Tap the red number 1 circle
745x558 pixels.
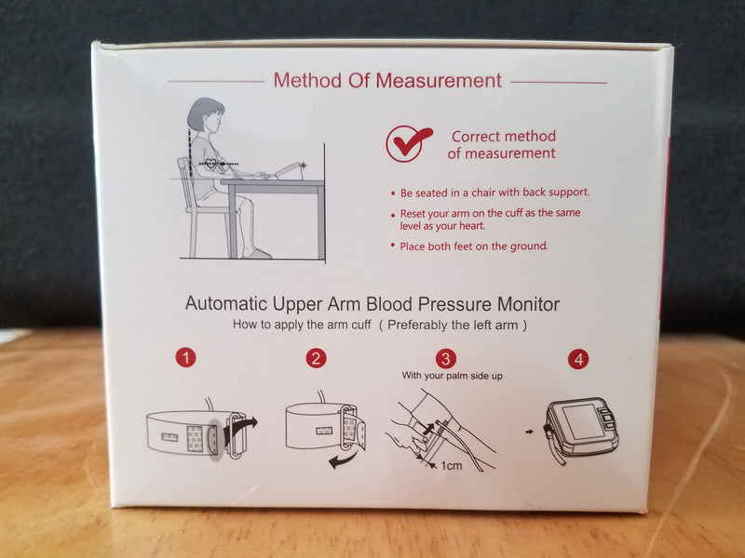(x=186, y=358)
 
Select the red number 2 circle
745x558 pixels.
(x=318, y=358)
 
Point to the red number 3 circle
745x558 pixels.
(x=446, y=358)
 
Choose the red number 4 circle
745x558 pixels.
(x=580, y=358)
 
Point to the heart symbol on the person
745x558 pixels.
(x=213, y=165)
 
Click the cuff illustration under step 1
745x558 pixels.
(x=198, y=432)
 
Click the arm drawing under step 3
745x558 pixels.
(x=447, y=423)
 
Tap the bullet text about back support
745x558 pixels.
(x=494, y=193)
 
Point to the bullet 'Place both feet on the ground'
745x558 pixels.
(x=474, y=246)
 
